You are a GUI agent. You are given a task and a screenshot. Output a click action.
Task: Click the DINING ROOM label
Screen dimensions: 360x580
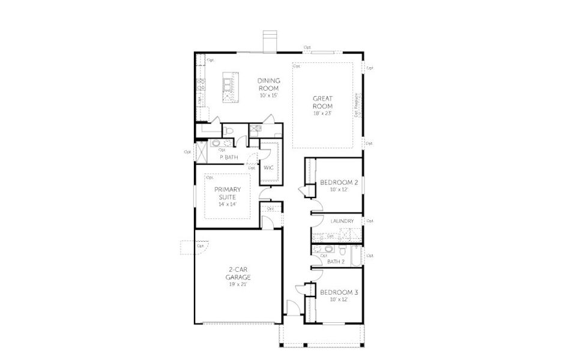click(269, 84)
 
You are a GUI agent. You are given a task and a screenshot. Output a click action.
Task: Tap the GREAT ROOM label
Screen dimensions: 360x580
click(322, 102)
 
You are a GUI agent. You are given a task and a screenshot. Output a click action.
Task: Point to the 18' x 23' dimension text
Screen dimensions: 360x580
click(322, 113)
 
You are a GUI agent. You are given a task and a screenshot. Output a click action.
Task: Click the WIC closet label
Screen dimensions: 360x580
click(268, 167)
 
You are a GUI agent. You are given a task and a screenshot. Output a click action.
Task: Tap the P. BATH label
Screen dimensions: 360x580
click(229, 157)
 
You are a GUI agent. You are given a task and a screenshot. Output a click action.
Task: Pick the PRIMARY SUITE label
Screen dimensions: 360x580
click(228, 193)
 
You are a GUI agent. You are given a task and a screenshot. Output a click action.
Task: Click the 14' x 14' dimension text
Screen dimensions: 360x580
click(228, 204)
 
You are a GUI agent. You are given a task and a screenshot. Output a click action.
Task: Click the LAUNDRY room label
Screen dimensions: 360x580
click(342, 221)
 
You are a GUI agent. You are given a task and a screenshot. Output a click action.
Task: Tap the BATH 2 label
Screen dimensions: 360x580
click(336, 261)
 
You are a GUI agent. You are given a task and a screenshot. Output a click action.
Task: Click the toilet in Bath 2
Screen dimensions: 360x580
click(340, 250)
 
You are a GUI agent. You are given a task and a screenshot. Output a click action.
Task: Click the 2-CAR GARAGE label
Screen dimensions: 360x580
click(238, 274)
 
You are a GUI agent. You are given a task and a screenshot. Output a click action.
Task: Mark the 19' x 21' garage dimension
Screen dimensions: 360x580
click(238, 284)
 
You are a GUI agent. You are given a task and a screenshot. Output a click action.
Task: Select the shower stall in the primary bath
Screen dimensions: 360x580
click(202, 151)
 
